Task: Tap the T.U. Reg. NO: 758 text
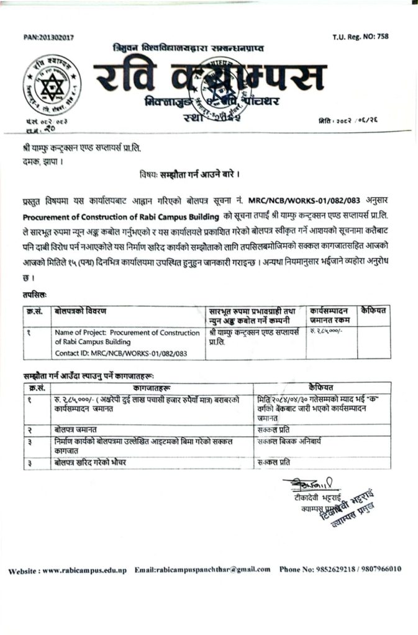[x=361, y=37]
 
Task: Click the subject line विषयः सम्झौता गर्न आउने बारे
[x=186, y=176]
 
